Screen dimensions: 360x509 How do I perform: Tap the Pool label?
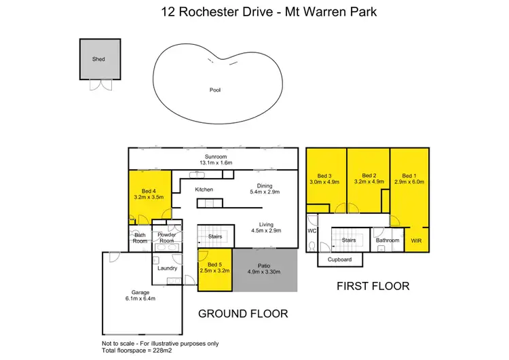tap(215, 90)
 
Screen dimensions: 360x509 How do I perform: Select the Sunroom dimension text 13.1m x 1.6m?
tap(215, 162)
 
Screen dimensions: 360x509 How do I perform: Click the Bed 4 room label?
tap(149, 191)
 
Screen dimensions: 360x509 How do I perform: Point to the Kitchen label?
tap(204, 189)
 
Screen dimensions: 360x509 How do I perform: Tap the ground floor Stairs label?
tap(216, 236)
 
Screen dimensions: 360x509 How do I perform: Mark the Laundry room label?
tap(167, 268)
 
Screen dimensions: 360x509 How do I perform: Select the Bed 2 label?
tap(369, 175)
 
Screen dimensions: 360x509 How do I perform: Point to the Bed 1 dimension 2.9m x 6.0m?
tap(408, 181)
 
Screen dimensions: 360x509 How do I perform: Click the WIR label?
tap(416, 240)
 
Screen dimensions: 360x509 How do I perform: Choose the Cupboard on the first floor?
tap(339, 259)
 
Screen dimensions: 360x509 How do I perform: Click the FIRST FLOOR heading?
tap(373, 287)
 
